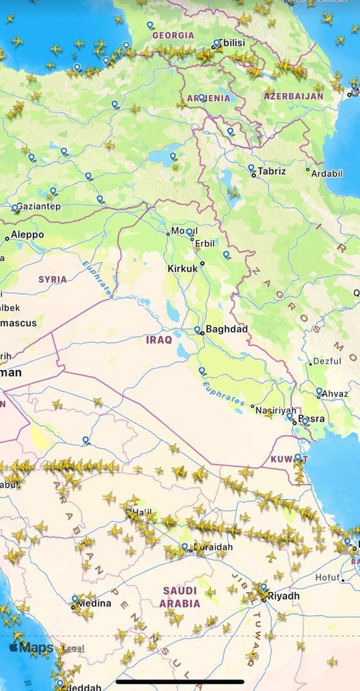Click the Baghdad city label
coord(227,329)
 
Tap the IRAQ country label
coord(158,340)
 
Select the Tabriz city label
coord(271,171)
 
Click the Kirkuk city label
coord(183,268)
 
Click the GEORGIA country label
coord(173,36)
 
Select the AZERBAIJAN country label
coord(293,96)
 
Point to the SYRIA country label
coord(52,279)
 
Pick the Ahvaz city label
coord(335,394)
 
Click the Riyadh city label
coord(284,596)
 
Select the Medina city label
coord(95,604)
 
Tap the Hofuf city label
coord(326,577)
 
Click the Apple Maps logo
coord(31,648)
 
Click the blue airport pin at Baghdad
coord(197,330)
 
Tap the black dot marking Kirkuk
coord(202,264)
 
